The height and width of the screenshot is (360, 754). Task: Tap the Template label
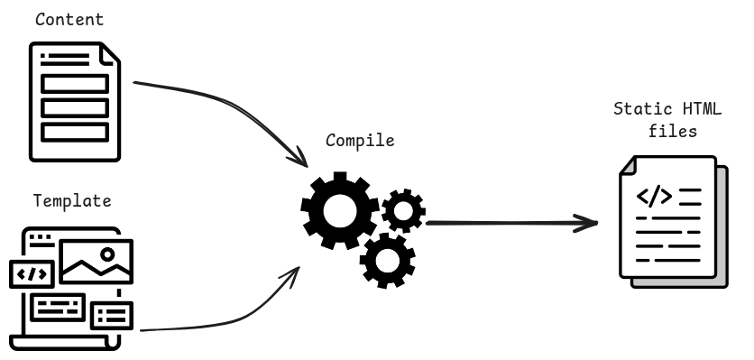[x=72, y=200]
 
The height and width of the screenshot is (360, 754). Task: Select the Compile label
[x=360, y=141]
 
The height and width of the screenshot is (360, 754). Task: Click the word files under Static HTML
[x=673, y=131]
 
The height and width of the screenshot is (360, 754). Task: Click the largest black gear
[x=338, y=209]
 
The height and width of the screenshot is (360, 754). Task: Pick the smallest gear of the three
[x=403, y=211]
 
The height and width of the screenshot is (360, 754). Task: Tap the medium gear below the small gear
[x=388, y=259]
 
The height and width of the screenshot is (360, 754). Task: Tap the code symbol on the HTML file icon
[x=653, y=196]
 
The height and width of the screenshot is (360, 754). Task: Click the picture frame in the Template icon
[x=97, y=262]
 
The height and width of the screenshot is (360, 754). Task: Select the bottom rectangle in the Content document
[x=74, y=131]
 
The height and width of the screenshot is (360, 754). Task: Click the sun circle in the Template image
[x=108, y=253]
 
